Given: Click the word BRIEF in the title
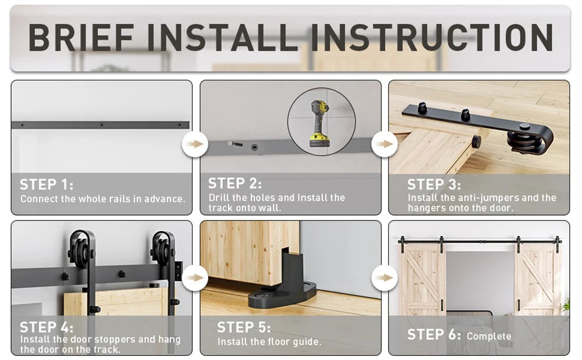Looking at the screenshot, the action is (81, 37).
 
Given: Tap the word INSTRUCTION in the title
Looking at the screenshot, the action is (432, 37).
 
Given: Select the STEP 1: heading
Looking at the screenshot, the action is (47, 184).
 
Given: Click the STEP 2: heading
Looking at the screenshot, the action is (235, 183).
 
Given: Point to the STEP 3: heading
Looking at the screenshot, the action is (434, 184).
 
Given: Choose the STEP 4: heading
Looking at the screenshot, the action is (47, 327).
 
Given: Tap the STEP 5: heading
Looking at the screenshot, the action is (244, 327).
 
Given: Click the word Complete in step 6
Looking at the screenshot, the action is (489, 336).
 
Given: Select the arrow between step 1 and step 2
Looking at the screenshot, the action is (195, 144).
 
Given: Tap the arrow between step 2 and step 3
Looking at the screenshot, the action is (385, 144).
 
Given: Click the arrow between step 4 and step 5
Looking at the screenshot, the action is (195, 277).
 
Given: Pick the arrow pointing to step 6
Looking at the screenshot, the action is (385, 277).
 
